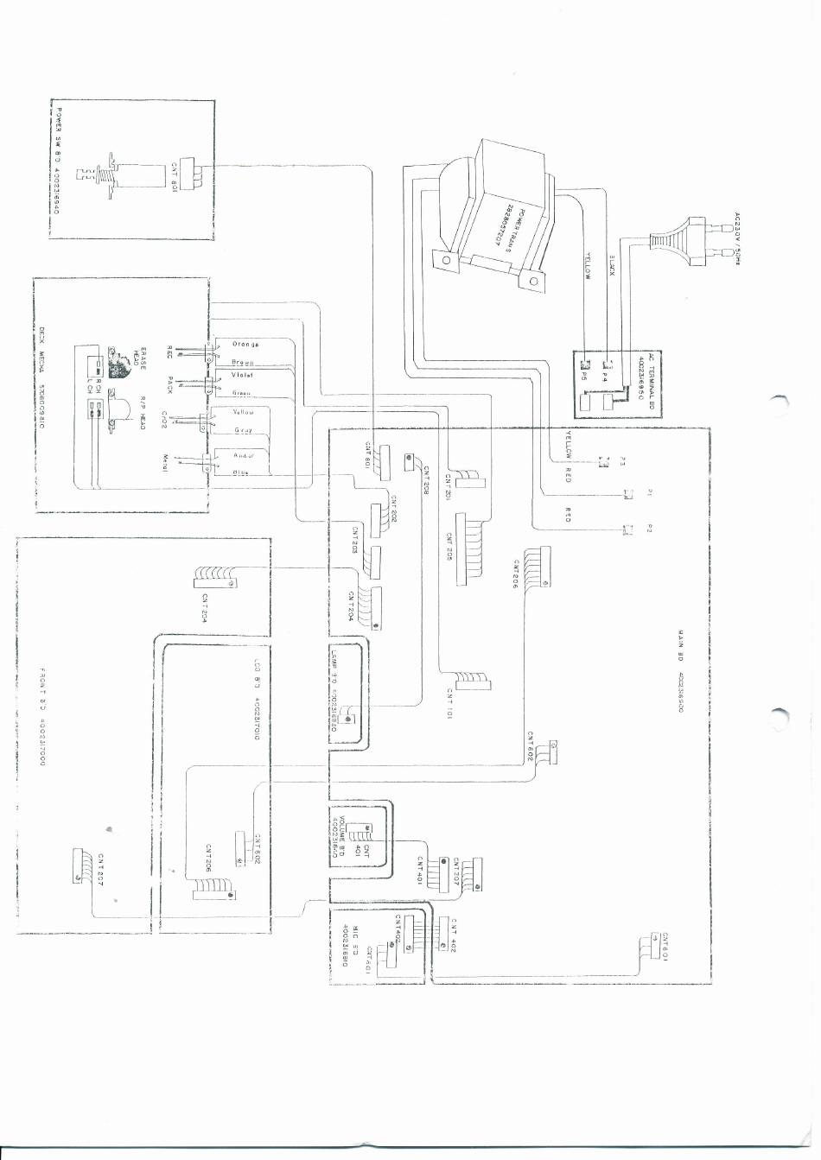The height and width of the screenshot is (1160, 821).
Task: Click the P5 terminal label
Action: coord(582,377)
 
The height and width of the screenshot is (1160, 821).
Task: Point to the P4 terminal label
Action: coord(605,377)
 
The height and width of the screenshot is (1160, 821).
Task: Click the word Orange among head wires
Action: coord(245,344)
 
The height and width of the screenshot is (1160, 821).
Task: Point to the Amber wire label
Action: coord(244,453)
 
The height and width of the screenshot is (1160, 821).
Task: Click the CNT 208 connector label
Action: coord(426,479)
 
